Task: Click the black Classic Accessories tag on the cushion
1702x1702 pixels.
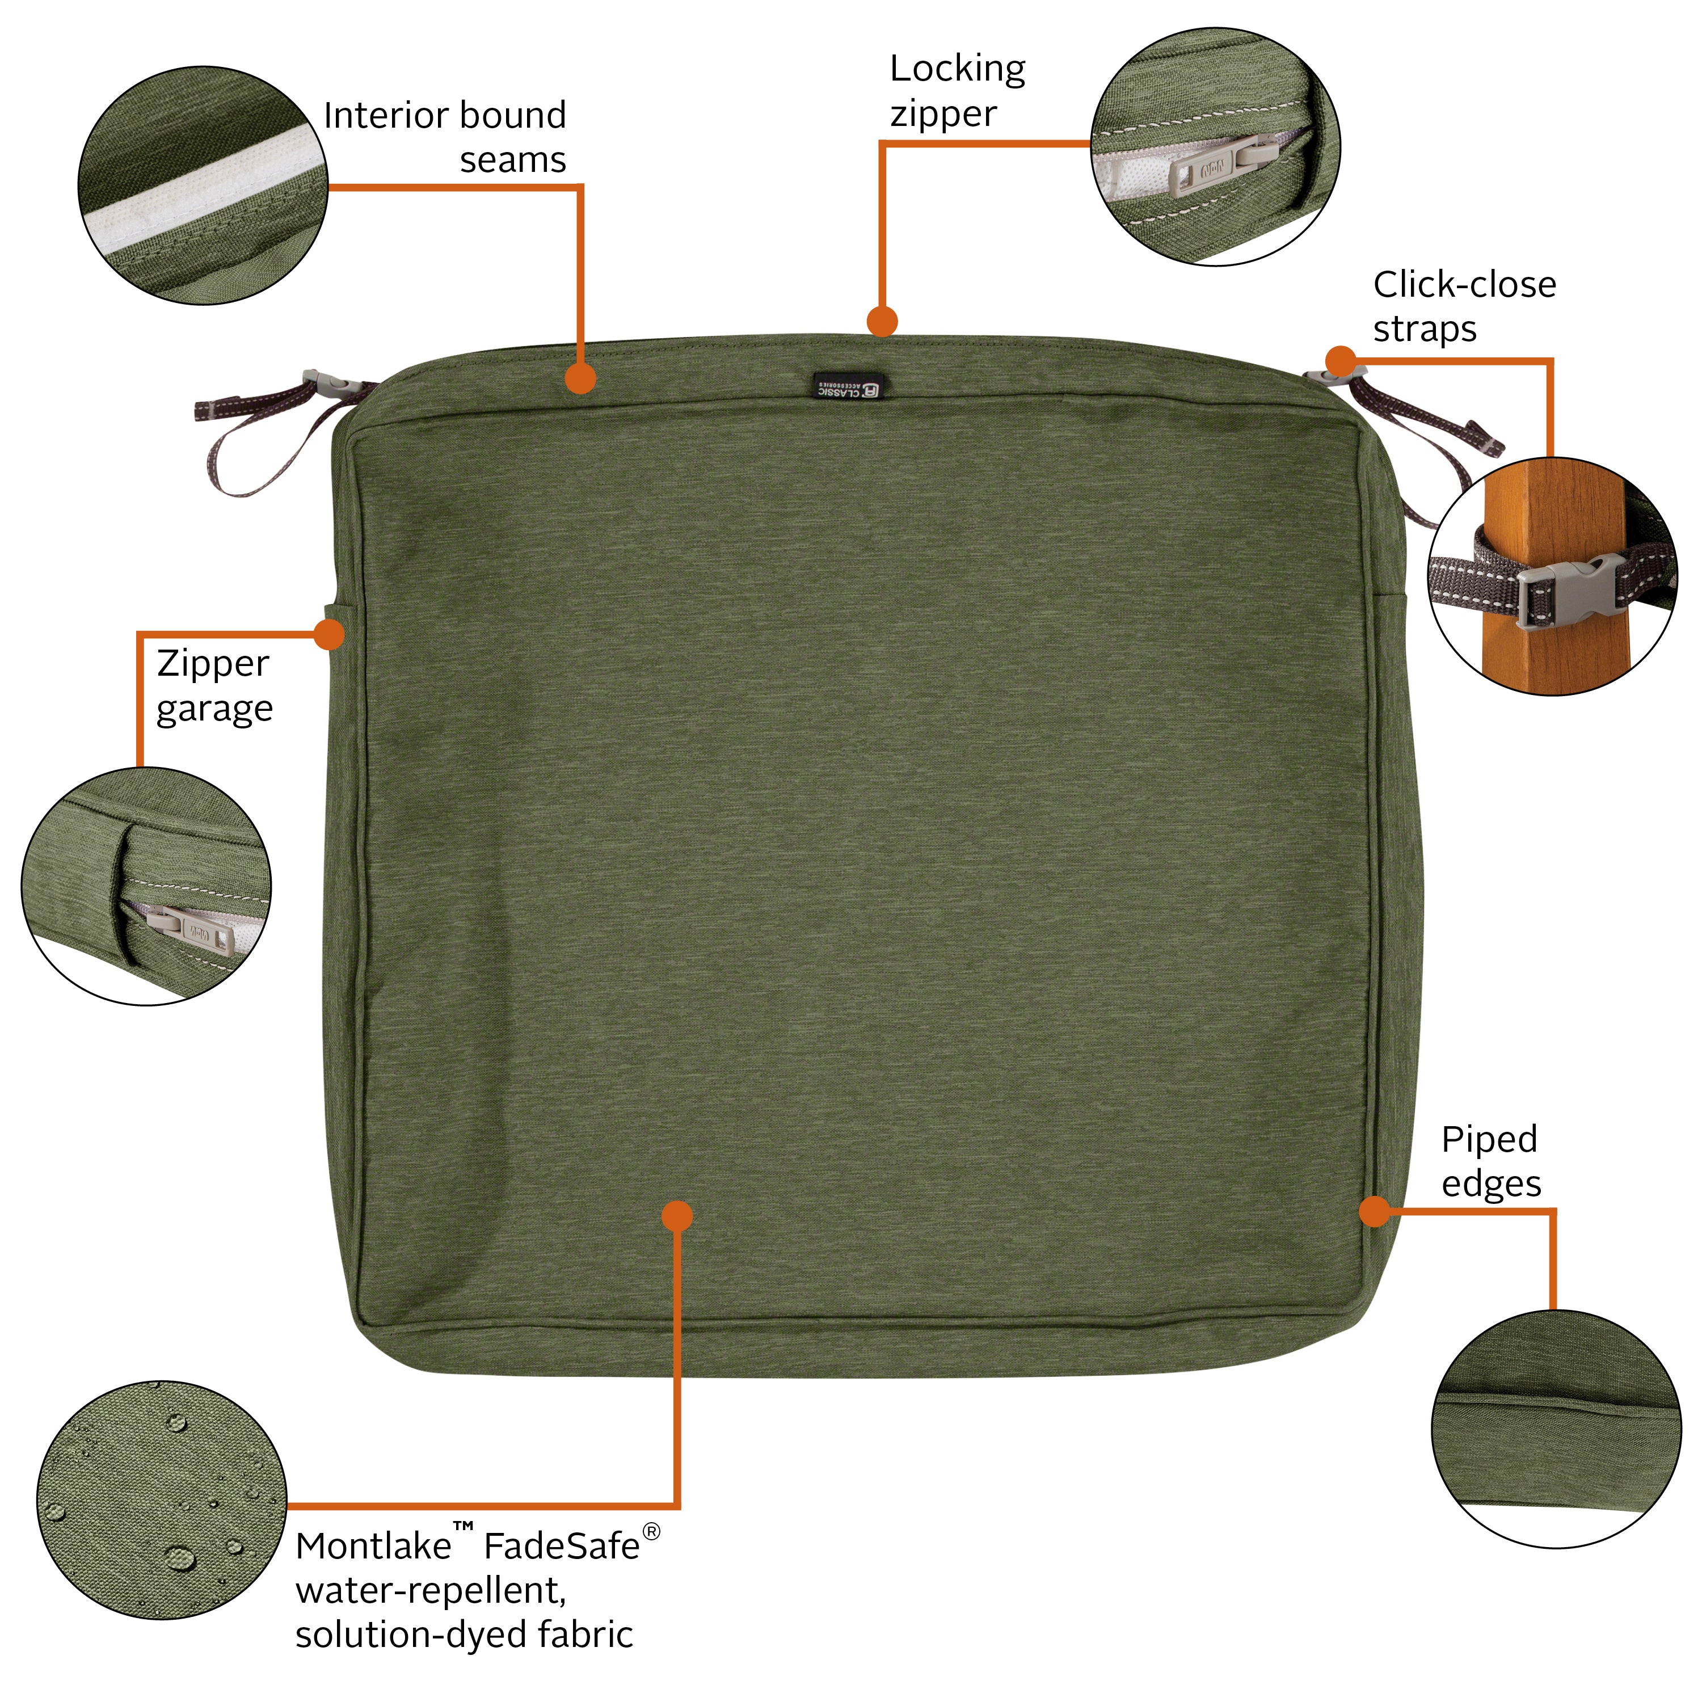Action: pos(850,386)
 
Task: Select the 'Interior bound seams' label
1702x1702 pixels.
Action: pos(445,137)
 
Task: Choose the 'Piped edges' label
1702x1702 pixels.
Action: pos(1490,1161)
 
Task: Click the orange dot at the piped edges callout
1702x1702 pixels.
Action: pos(1374,1211)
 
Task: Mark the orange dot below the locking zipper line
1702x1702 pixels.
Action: pos(882,320)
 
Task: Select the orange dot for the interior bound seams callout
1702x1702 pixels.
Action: pos(580,379)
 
